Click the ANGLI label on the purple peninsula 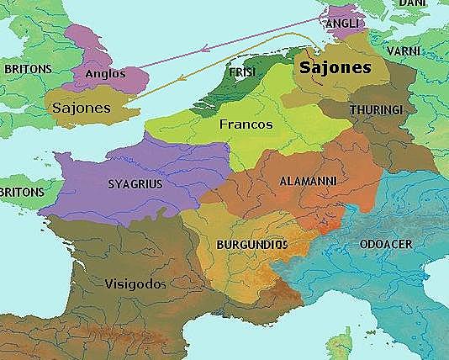(343, 23)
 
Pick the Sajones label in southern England (82, 109)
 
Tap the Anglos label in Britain (105, 74)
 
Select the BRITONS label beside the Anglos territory (28, 68)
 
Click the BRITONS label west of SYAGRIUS (21, 193)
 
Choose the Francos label (246, 124)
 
